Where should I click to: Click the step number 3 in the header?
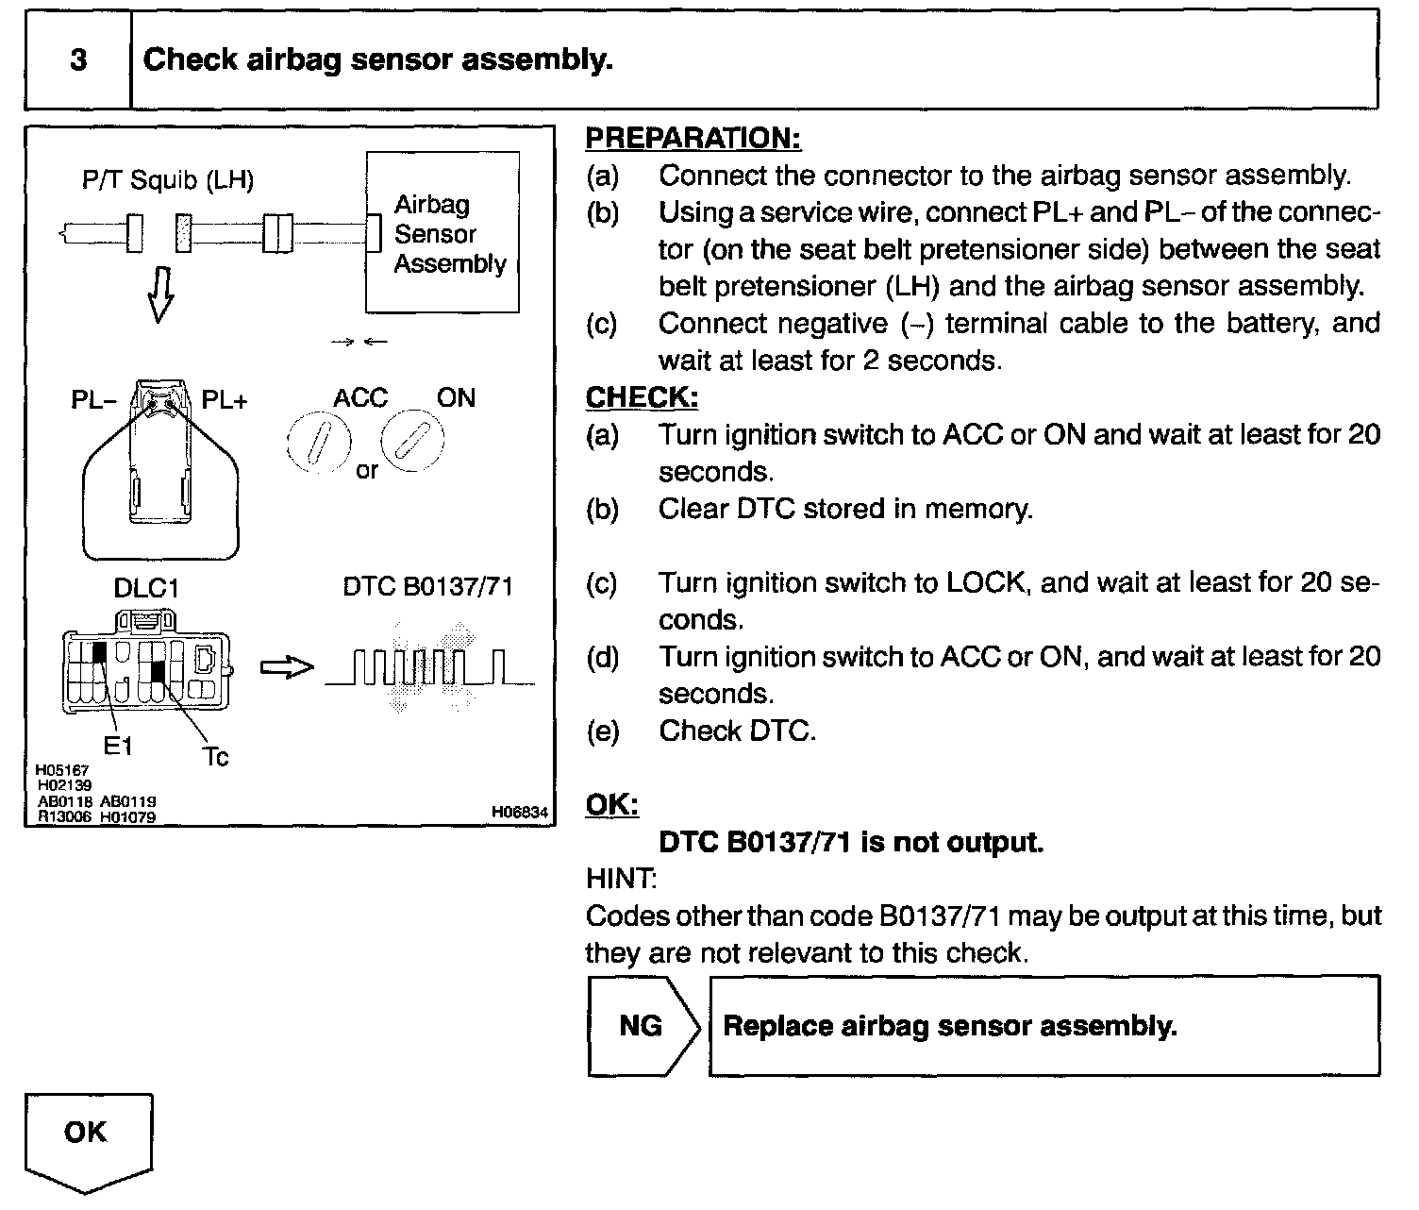tap(78, 60)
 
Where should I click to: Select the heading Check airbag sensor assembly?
tap(377, 60)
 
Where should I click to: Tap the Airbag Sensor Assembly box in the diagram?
tap(442, 232)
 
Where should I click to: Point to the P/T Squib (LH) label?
tap(167, 179)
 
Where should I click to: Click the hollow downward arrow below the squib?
tap(161, 294)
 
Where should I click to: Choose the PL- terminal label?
tap(92, 400)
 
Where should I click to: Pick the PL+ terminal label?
tap(225, 400)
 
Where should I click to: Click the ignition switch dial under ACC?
tap(319, 442)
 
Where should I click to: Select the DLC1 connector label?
tap(146, 588)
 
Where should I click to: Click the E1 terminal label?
tap(118, 747)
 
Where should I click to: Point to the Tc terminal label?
tap(215, 756)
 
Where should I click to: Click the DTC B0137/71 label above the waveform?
tap(427, 587)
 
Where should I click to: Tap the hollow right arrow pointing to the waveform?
tap(286, 667)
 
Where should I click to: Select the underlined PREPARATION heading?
tap(693, 138)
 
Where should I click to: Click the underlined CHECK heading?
tap(642, 397)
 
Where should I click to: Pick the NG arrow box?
tap(643, 1026)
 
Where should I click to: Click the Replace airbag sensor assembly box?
tap(1043, 1026)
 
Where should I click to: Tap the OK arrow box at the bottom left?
tap(88, 1137)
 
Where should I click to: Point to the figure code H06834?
tap(519, 812)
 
